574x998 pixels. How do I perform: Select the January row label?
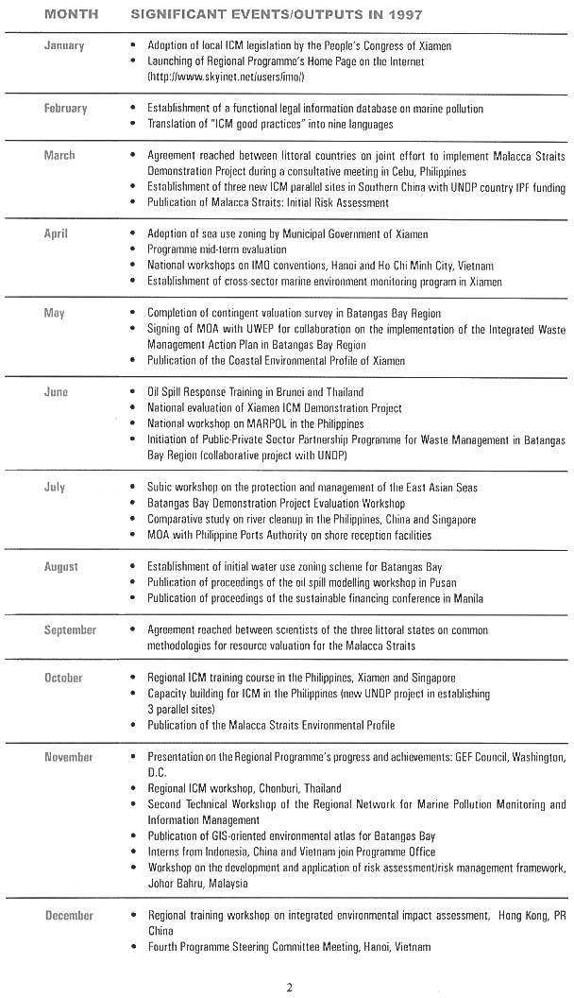click(x=64, y=45)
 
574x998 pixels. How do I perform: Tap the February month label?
click(x=65, y=108)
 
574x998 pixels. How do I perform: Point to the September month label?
click(x=70, y=629)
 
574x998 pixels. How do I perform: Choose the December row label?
click(x=69, y=915)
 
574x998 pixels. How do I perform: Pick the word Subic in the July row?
click(x=161, y=487)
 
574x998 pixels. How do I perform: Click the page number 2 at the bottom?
click(x=289, y=987)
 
